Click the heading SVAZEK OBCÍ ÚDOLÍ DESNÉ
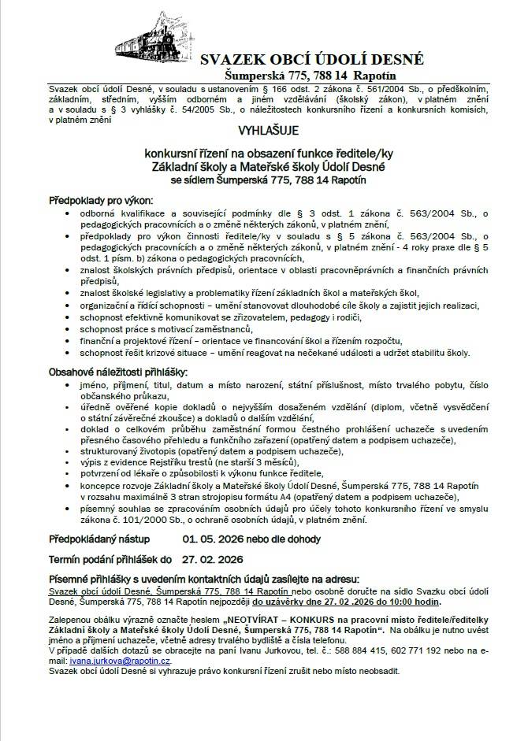[x=312, y=60]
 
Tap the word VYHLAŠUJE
[x=264, y=135]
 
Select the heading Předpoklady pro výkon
[x=101, y=201]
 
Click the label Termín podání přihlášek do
[x=110, y=561]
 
